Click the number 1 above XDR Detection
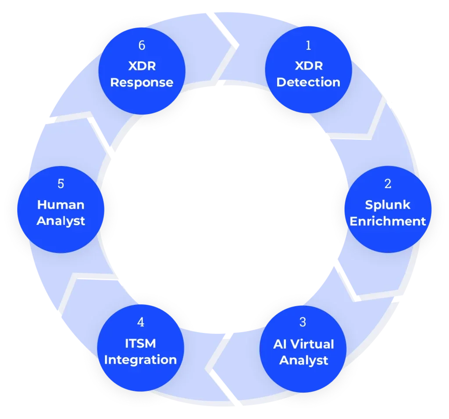tap(308, 45)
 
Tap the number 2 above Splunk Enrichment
tap(388, 184)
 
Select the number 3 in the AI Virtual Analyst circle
tap(303, 322)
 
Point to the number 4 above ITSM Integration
tap(140, 322)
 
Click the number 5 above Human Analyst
tap(61, 184)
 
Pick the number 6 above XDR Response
tap(141, 45)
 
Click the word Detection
tap(308, 82)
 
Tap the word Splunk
tap(388, 205)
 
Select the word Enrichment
tap(388, 221)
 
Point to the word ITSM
tap(140, 343)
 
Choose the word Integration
tap(140, 360)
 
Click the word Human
tap(61, 205)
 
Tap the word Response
tap(142, 82)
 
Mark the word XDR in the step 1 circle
tap(308, 66)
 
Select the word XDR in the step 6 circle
tap(142, 66)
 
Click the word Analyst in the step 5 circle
tap(61, 221)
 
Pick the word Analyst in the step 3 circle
tap(303, 360)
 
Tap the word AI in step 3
tap(280, 344)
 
